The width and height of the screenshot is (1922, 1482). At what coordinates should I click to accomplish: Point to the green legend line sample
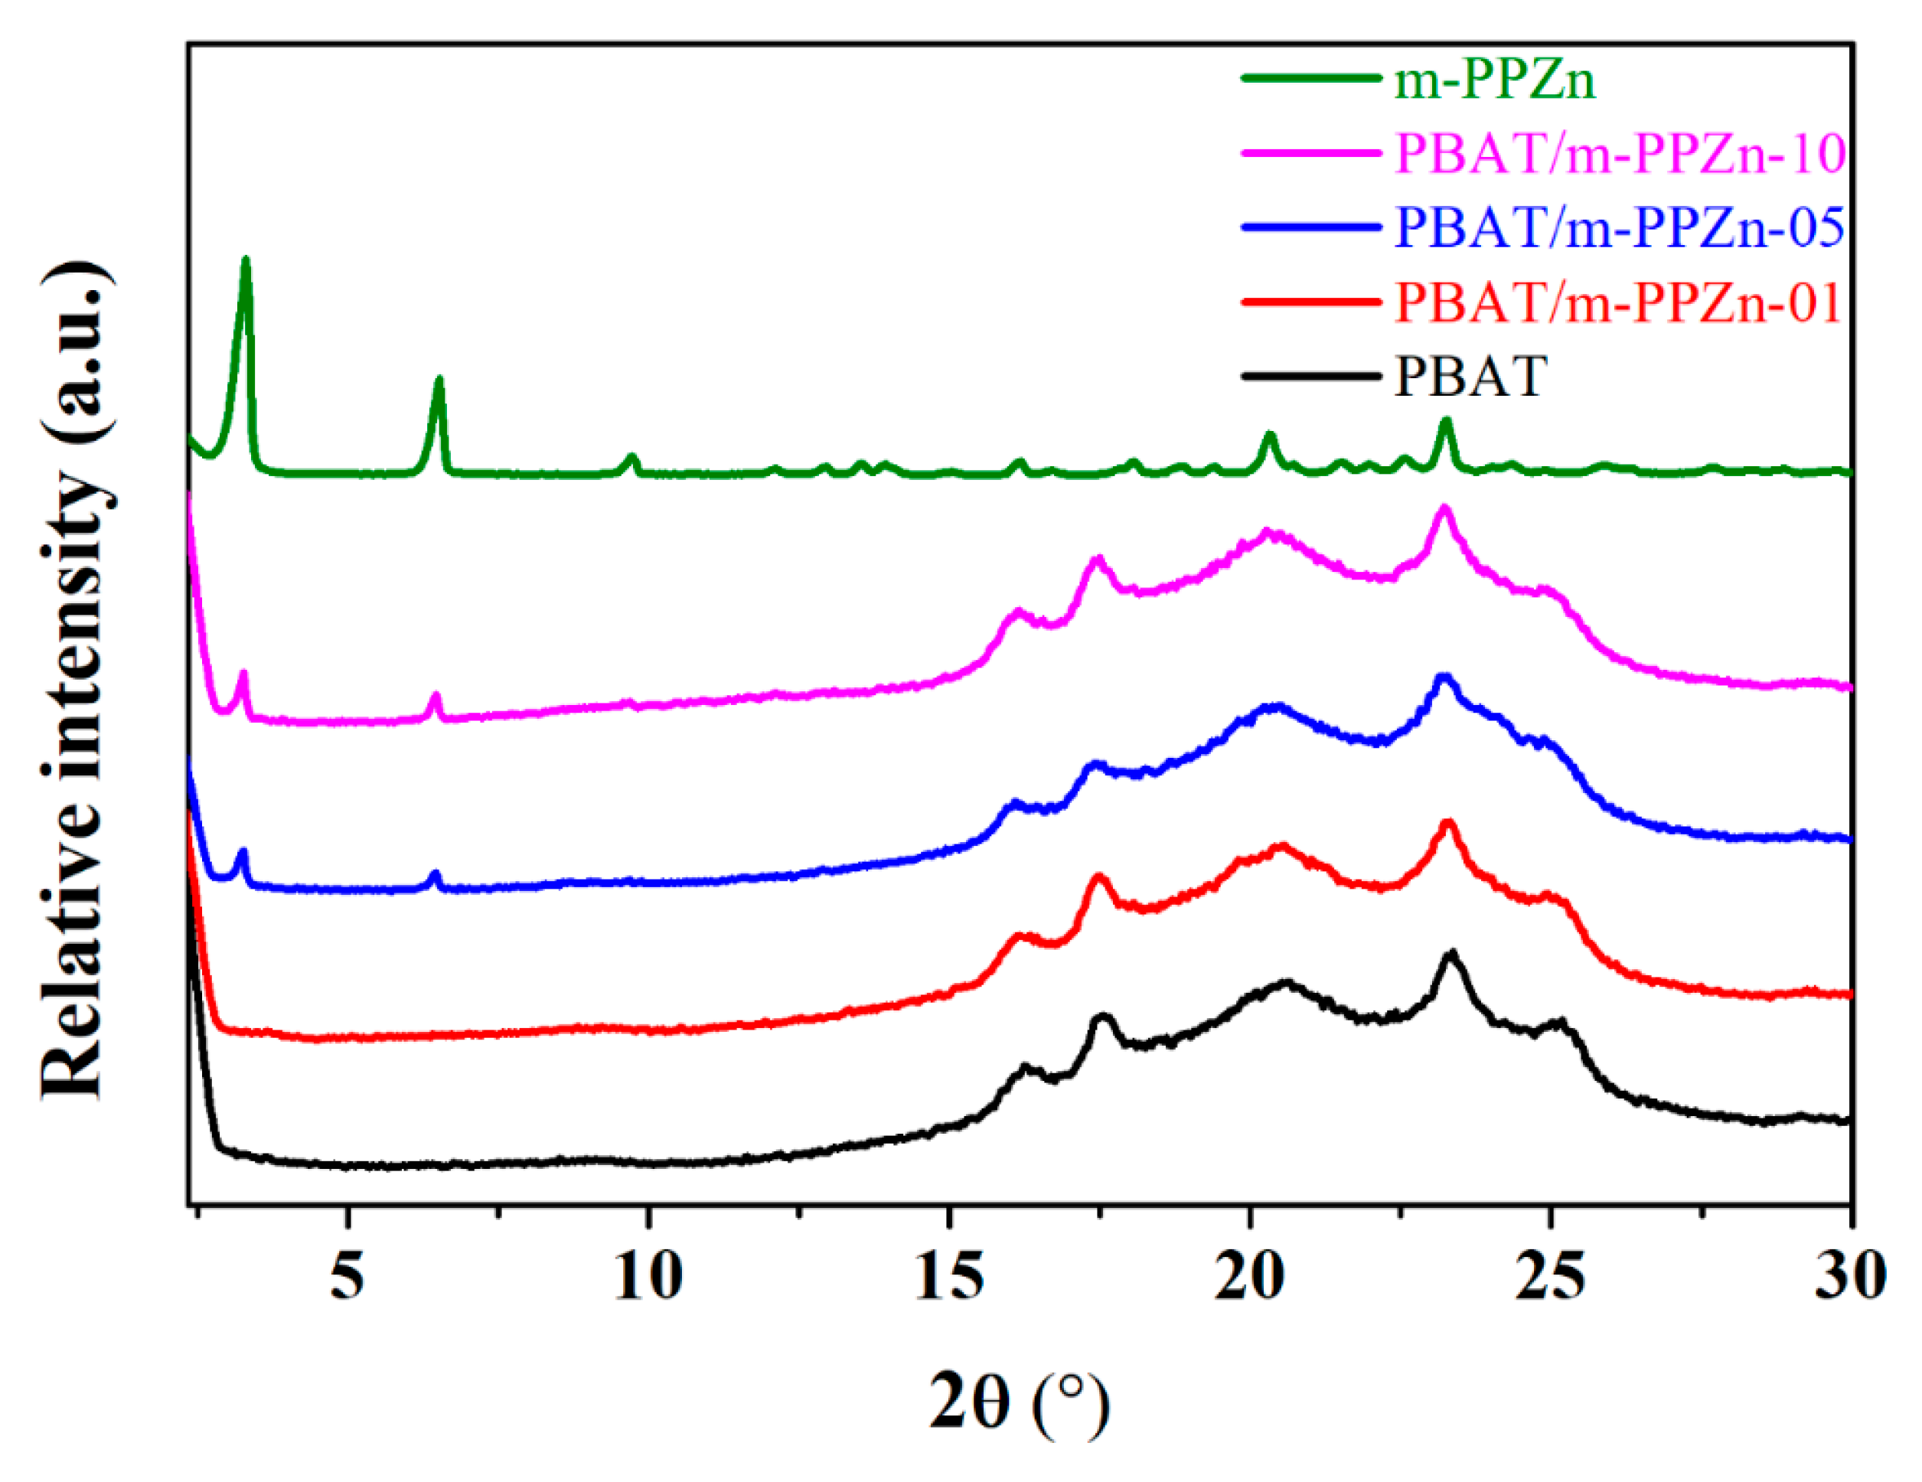[x=1310, y=79]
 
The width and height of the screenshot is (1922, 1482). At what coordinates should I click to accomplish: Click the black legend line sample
[x=1310, y=377]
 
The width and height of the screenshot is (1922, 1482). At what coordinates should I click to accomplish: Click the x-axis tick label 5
[x=348, y=1275]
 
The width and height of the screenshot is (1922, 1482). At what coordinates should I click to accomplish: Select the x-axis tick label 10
[x=648, y=1275]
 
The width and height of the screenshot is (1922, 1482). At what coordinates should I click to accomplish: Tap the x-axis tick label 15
[x=948, y=1275]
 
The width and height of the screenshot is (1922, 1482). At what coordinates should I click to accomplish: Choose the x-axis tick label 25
[x=1550, y=1275]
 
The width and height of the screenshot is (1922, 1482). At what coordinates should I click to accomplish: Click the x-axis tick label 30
[x=1850, y=1275]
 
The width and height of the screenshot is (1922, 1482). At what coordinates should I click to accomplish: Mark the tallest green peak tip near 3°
[x=246, y=259]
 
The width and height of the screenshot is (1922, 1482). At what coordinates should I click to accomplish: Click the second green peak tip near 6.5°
[x=439, y=379]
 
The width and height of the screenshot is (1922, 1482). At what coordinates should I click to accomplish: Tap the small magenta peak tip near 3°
[x=243, y=673]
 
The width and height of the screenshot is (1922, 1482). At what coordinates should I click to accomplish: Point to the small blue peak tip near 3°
[x=243, y=851]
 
